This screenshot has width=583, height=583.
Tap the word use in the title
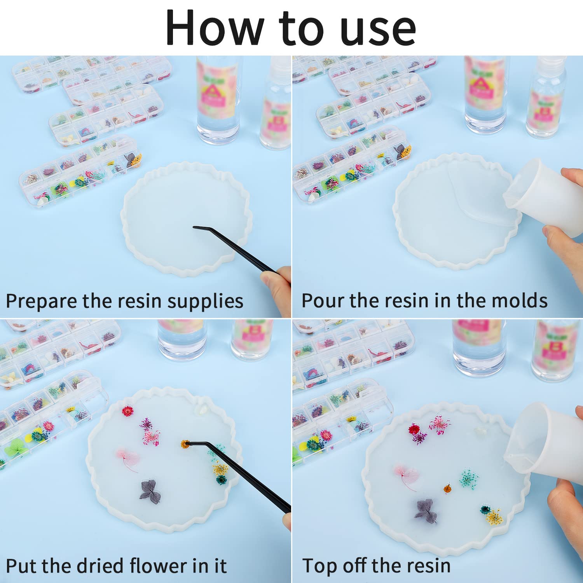point(378,30)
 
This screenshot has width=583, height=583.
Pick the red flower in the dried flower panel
point(127,411)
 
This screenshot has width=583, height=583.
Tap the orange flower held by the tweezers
point(185,443)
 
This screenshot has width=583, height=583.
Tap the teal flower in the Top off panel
point(470,478)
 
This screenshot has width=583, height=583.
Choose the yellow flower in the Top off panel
point(494,517)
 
